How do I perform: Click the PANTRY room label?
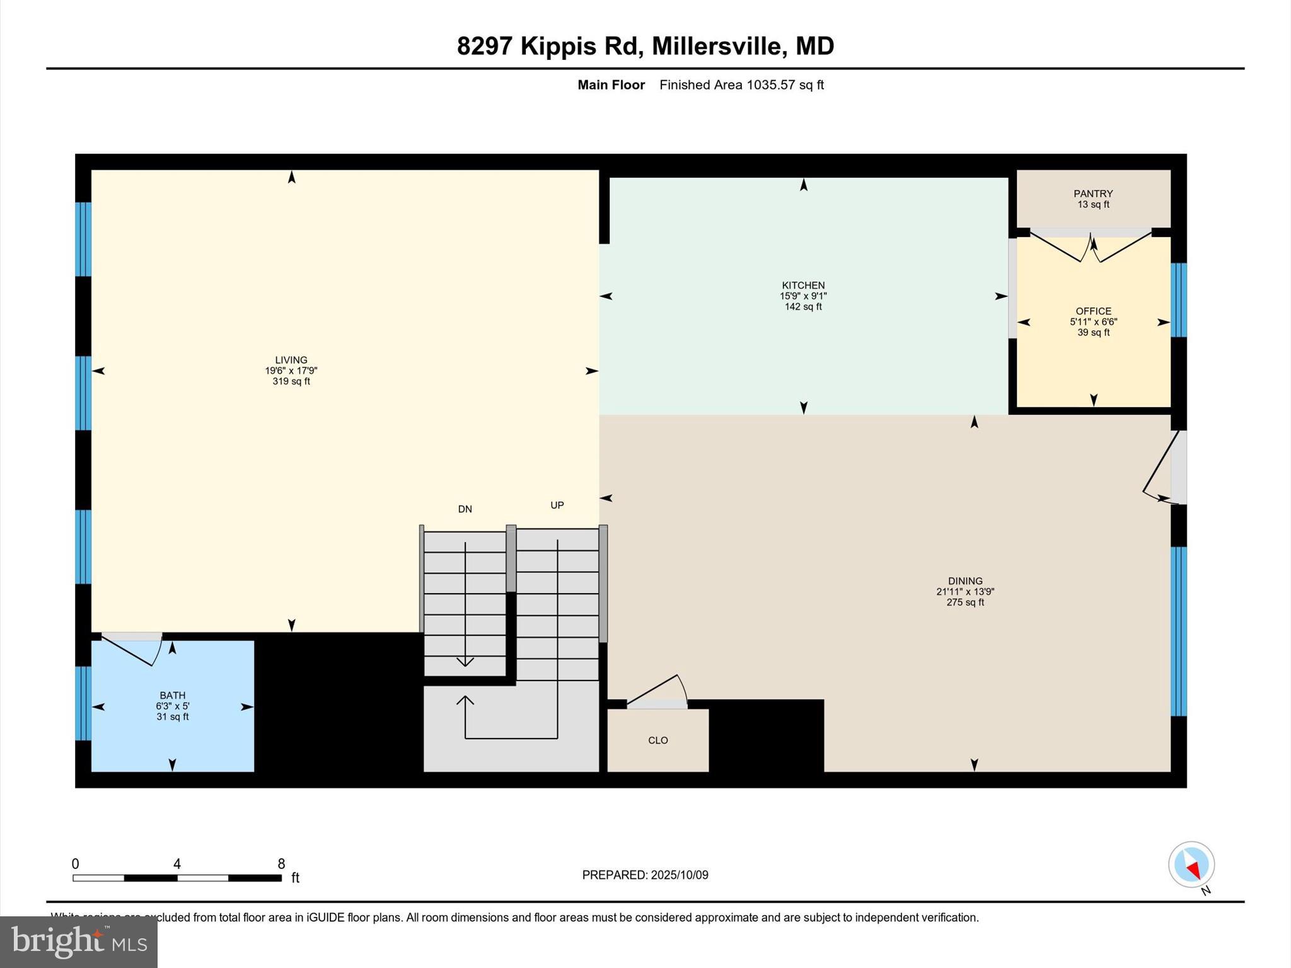coord(1093,193)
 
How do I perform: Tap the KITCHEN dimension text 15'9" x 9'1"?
coord(803,296)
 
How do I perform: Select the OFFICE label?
coord(1093,311)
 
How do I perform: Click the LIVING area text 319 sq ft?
coord(291,381)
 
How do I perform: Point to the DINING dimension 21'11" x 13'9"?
coord(965,592)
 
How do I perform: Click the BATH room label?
coord(172,696)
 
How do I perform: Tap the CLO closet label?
coord(657,740)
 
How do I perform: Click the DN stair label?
coord(465,509)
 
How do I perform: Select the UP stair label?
coord(557,505)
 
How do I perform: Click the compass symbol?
coord(1191,865)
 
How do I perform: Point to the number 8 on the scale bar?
coord(281,864)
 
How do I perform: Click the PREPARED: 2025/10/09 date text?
coord(645,875)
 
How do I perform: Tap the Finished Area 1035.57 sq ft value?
coord(741,85)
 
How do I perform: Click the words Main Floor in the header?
coord(611,85)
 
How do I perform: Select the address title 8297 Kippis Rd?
coord(547,46)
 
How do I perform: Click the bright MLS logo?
coord(79,942)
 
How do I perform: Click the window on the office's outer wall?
coord(1178,300)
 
